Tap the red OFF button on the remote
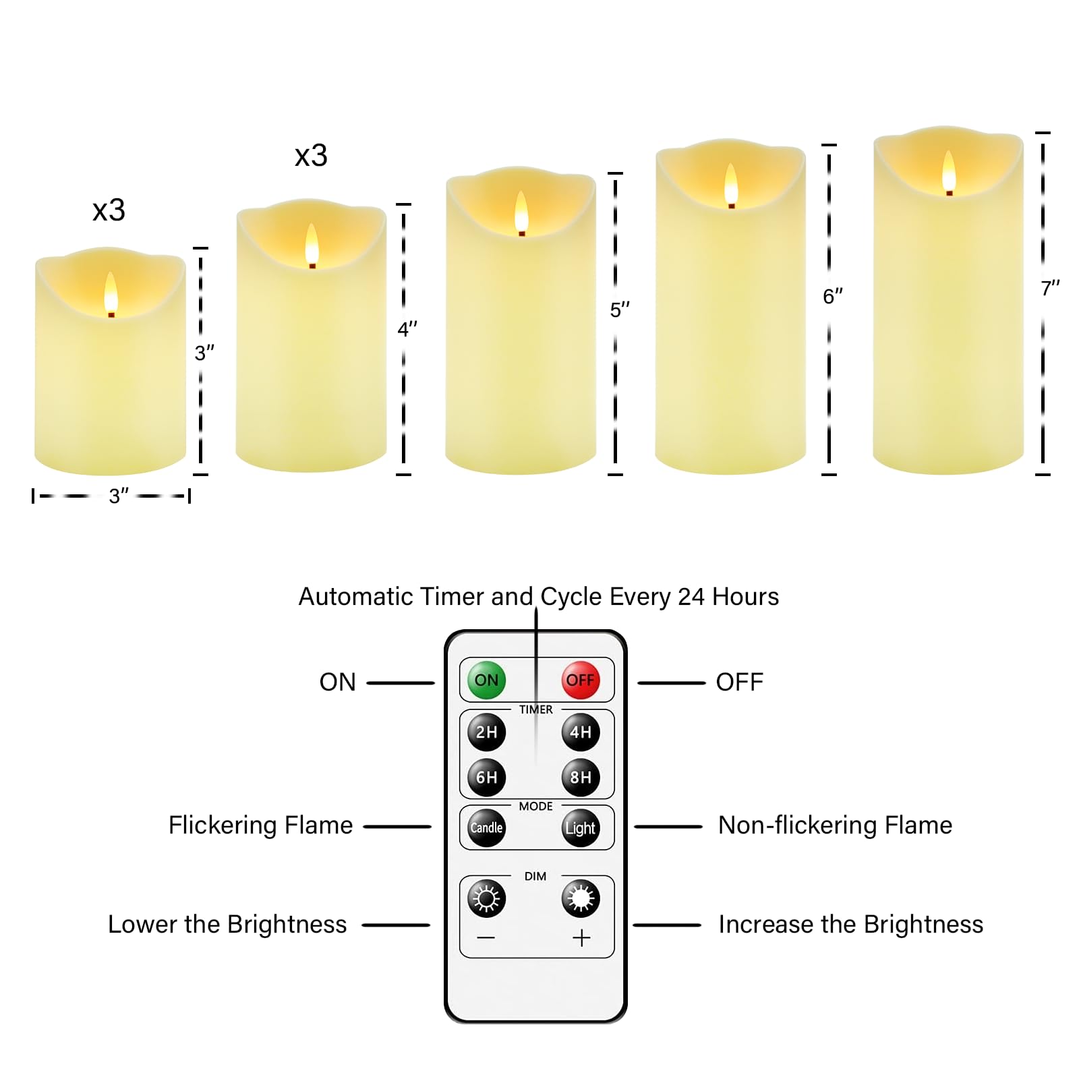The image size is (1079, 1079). pos(580,680)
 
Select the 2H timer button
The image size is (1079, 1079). pos(486,732)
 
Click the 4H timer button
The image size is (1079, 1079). pos(580,732)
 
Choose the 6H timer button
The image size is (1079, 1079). pos(486,777)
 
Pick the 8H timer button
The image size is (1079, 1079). pos(580,777)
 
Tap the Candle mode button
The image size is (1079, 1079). pos(486,827)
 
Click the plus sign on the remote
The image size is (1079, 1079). pos(581,937)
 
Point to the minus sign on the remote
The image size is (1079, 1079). pos(486,937)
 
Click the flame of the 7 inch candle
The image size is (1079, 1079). pos(949,171)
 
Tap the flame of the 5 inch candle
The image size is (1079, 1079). pos(521,212)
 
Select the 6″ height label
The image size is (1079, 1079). pos(833,297)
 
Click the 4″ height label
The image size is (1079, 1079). pos(407,330)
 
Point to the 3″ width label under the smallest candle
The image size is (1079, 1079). pos(119,496)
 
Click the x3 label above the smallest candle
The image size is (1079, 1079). pos(109,210)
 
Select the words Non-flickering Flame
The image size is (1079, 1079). pos(835,825)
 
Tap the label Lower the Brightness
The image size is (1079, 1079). pos(227,925)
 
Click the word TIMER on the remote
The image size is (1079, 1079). pos(535,709)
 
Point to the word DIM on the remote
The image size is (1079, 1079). pos(535,876)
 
